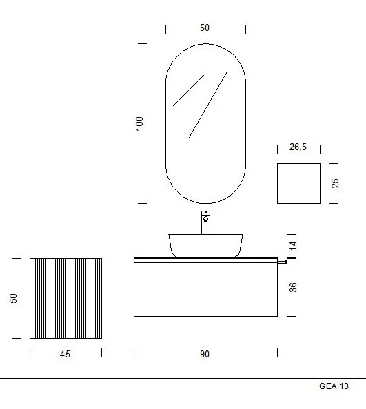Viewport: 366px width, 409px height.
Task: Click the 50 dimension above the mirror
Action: coord(205,28)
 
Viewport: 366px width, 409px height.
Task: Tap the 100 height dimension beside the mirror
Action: coord(139,124)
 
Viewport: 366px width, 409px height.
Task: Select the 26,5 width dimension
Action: coord(298,147)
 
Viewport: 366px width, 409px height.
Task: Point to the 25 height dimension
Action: coord(335,183)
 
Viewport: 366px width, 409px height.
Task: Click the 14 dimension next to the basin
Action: coord(293,245)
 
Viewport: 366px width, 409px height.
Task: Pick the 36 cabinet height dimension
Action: coord(293,287)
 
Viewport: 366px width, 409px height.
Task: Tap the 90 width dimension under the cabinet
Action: coord(205,354)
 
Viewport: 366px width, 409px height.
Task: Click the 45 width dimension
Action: coord(65,354)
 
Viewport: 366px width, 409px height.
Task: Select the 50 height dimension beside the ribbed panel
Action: coord(13,298)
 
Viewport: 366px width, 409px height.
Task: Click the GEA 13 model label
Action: coord(334,386)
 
